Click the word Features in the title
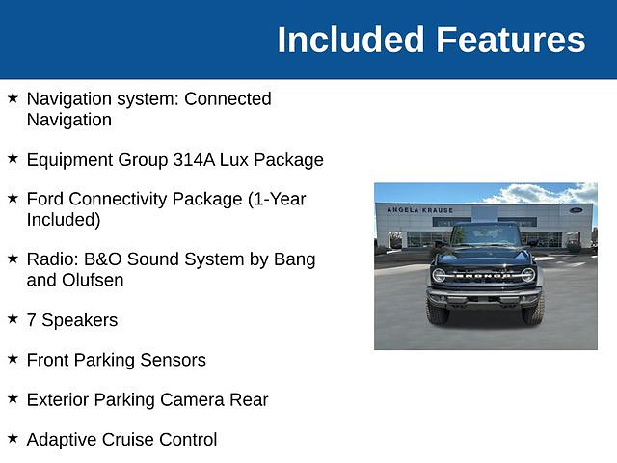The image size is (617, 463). [511, 40]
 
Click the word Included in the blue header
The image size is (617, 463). [351, 40]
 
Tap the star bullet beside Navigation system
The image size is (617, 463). [13, 97]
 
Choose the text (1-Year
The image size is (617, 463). [277, 199]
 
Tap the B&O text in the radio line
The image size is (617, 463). [103, 259]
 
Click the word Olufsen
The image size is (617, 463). [93, 280]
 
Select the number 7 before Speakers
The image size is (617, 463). [31, 320]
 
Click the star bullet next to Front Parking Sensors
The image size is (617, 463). [13, 358]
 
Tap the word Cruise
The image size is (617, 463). [128, 440]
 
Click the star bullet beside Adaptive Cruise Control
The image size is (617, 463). [13, 438]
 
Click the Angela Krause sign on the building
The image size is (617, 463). [420, 210]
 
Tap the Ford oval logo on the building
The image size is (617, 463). [577, 210]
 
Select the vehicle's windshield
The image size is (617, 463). [486, 235]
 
